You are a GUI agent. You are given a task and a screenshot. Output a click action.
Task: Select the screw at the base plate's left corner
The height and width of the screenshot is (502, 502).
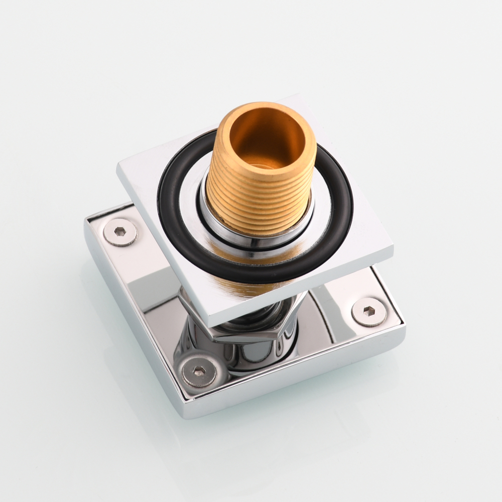[120, 232]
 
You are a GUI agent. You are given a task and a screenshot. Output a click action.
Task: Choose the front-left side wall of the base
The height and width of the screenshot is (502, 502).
[131, 326]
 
